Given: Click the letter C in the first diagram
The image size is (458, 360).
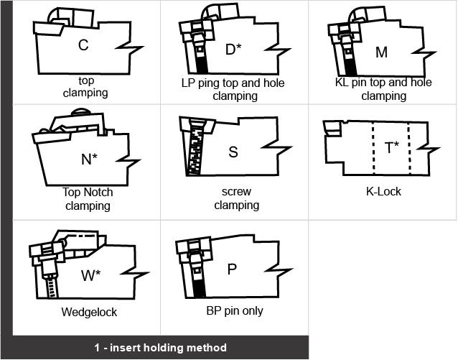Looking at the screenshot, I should point(83,45).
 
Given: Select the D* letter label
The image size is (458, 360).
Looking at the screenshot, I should point(233,49).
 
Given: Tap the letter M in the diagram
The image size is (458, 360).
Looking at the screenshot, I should point(381,52).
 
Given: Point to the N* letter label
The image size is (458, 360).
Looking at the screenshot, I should point(89,159).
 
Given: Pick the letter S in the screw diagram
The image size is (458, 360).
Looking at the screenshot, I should point(233,152).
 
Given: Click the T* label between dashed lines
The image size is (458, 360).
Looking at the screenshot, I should point(392,148).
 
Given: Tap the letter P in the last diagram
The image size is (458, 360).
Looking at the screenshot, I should point(231,269).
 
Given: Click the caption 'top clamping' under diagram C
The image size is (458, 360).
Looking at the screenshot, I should point(85,87).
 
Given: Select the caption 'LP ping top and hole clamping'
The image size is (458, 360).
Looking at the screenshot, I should point(233,89).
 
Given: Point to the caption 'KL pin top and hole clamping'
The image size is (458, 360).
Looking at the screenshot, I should point(383,89).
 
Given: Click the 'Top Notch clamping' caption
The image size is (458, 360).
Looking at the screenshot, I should point(88,199).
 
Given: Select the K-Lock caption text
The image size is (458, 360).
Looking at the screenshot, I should point(383,192).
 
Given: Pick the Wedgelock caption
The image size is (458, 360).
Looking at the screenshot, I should point(89,313).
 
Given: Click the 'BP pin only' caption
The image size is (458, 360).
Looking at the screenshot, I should point(234,311).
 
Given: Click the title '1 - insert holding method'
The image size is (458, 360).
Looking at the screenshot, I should point(160,348).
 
